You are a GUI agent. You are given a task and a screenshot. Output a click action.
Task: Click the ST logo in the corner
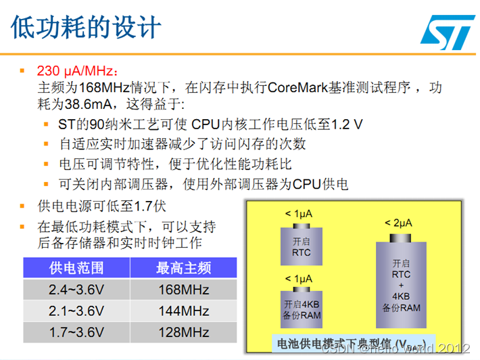[x=443, y=30]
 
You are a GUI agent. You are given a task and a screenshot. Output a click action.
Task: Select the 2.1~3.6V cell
[x=76, y=311]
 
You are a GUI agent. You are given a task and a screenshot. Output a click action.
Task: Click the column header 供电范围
[x=76, y=268]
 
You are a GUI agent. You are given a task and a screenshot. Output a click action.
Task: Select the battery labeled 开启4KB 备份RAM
[x=301, y=308]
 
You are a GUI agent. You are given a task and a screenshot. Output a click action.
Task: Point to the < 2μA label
[x=398, y=222]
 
